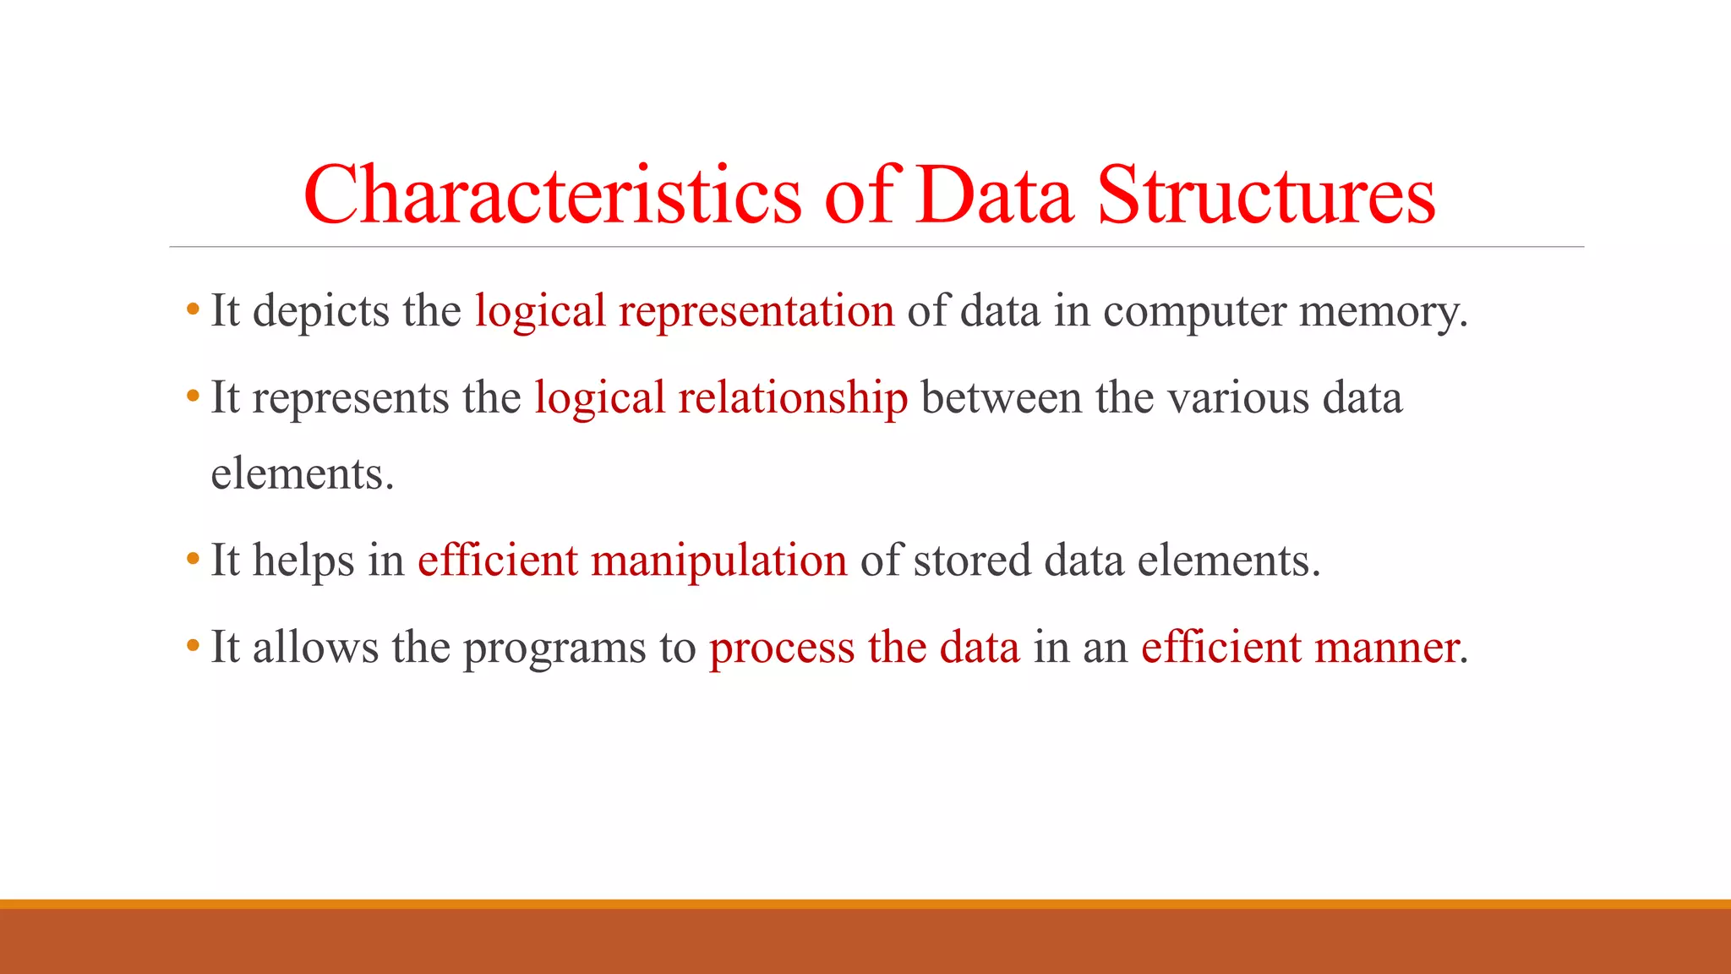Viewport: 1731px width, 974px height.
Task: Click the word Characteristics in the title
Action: pos(551,195)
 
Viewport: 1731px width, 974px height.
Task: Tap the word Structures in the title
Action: pos(1265,195)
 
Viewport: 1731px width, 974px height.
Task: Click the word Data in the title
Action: pos(995,195)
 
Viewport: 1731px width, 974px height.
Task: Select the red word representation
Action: pos(756,311)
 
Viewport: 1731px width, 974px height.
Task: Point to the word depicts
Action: pos(320,311)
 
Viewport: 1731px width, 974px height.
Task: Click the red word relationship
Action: pos(792,397)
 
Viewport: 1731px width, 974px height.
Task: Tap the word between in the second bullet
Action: pos(1001,397)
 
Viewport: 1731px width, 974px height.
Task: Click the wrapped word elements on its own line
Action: pos(301,473)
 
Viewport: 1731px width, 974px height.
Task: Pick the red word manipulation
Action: pos(718,561)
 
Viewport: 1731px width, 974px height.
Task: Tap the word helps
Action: pos(303,561)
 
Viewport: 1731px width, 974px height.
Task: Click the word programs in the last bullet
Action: pos(554,648)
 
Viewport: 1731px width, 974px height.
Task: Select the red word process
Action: pos(781,648)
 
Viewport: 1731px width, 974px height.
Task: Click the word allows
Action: pos(315,648)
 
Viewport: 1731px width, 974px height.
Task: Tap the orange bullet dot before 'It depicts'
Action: pos(193,310)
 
